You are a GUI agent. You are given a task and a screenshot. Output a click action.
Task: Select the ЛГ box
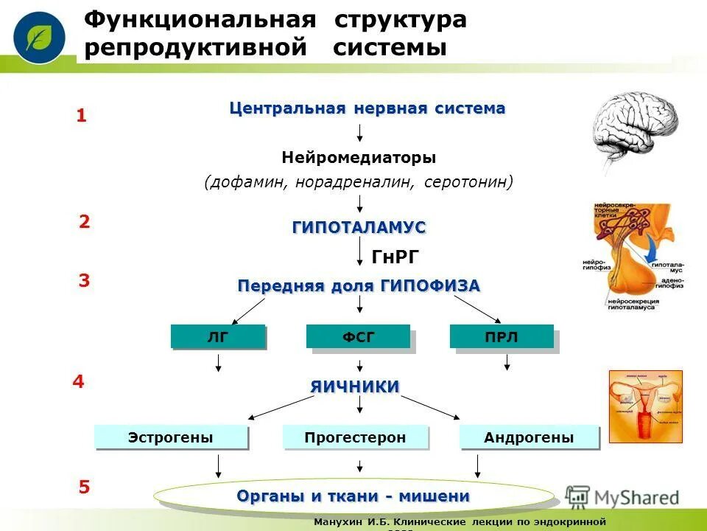click(x=217, y=337)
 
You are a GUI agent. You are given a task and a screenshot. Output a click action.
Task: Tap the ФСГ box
click(x=358, y=337)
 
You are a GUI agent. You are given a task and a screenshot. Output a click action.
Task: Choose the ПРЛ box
click(x=502, y=337)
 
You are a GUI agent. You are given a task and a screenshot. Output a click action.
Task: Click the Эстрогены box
click(x=170, y=437)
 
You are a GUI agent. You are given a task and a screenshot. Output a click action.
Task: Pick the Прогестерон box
click(x=355, y=437)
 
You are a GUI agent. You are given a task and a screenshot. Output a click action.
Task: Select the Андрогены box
click(x=529, y=437)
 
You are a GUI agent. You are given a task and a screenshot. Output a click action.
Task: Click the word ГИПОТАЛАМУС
click(x=359, y=228)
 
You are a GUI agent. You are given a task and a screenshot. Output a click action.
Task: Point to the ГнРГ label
click(x=395, y=257)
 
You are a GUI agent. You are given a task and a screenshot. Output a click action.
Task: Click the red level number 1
click(x=82, y=116)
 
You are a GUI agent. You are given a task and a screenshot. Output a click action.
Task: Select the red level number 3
click(x=84, y=281)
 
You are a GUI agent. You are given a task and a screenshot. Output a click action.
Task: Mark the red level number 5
click(x=84, y=487)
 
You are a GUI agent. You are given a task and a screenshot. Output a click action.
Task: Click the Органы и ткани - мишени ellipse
click(x=353, y=496)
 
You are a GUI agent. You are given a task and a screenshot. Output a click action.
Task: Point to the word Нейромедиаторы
click(x=359, y=158)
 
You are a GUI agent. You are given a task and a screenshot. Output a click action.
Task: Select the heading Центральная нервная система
click(x=367, y=108)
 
